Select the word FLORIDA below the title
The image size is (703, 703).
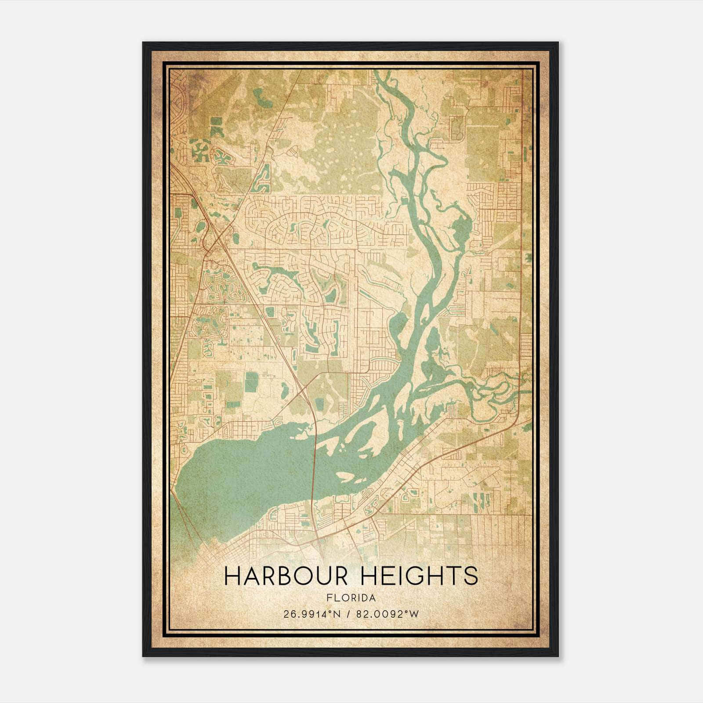point(351,598)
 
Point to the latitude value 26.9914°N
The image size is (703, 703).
point(312,614)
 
